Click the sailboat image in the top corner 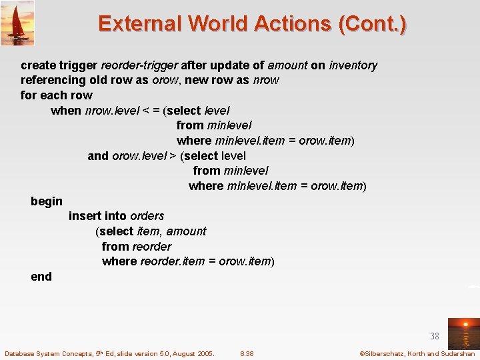coord(17,23)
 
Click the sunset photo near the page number coord(463,333)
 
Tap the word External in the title coord(139,25)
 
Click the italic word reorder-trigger coord(139,65)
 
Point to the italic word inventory coord(353,65)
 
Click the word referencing coord(53,80)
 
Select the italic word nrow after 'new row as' coord(266,80)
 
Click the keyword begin coord(47,201)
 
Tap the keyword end coord(41,277)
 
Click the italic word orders coord(147,216)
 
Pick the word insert coord(85,216)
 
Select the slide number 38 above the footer coord(435,337)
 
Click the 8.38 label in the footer coord(247,353)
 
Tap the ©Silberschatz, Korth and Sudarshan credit coord(417,353)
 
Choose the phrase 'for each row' coord(57,95)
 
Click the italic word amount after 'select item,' coord(186,231)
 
